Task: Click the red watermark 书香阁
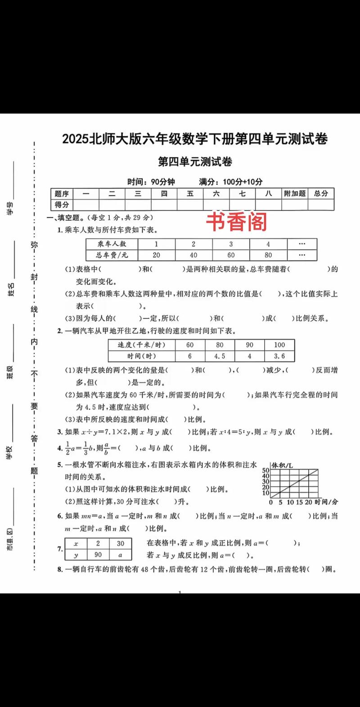click(x=237, y=222)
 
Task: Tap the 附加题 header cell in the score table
click(x=295, y=193)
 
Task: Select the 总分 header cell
click(x=321, y=193)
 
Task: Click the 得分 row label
click(x=62, y=205)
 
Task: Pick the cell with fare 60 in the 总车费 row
click(x=231, y=255)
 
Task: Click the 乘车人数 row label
click(x=112, y=244)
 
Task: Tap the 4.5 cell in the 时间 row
click(x=220, y=356)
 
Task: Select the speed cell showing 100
click(x=279, y=345)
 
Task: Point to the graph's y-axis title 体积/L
click(x=282, y=465)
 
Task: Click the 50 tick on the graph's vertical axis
click(x=265, y=470)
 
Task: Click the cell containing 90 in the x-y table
click(x=98, y=555)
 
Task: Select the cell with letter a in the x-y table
click(x=120, y=555)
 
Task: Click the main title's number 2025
click(x=76, y=139)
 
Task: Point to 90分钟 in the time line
click(x=162, y=182)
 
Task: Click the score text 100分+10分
click(x=242, y=182)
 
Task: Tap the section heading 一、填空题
click(x=65, y=218)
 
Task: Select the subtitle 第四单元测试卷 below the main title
click(x=195, y=161)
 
